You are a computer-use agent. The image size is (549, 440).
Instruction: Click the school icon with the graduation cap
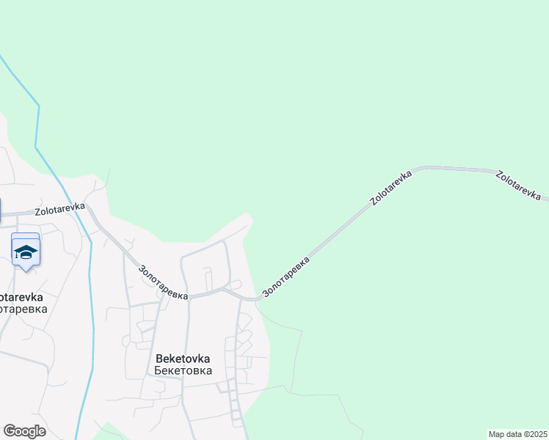(x=26, y=252)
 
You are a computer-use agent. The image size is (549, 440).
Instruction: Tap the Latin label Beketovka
(x=183, y=359)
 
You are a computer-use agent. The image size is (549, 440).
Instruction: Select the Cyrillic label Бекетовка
(x=183, y=370)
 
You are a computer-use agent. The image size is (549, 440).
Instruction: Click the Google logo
(x=24, y=431)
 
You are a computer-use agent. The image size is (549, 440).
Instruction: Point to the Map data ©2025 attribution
(x=517, y=434)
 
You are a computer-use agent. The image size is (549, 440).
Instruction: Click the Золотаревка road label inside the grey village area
(x=163, y=280)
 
